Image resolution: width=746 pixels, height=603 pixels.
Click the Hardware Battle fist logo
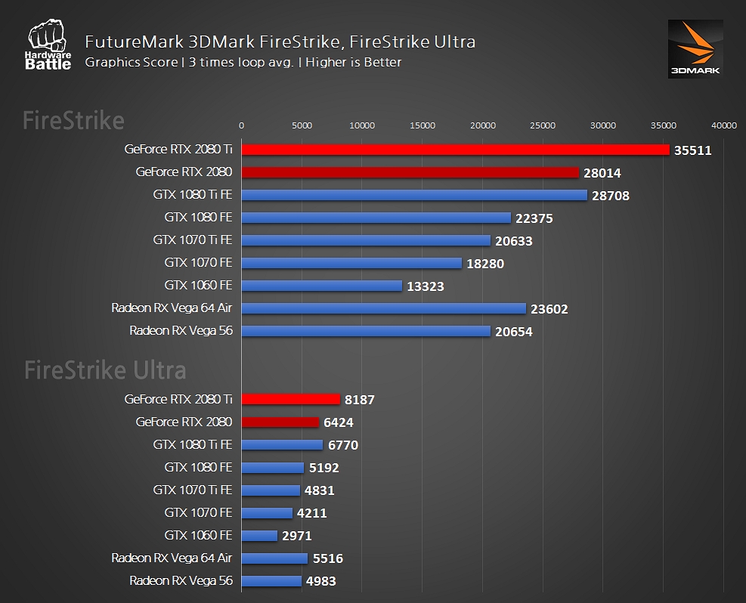click(50, 46)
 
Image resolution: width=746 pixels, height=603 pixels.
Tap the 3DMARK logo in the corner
click(695, 48)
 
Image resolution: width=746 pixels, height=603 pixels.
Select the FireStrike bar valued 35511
click(455, 150)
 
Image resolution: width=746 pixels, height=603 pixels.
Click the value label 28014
click(602, 173)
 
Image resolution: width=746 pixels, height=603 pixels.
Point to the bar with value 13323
click(321, 286)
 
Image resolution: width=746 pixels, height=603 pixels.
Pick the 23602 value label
click(549, 309)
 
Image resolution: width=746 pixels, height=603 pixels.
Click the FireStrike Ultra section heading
click(105, 370)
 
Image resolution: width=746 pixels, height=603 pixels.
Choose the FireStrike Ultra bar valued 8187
click(290, 399)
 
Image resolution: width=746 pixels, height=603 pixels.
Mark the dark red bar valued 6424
click(280, 422)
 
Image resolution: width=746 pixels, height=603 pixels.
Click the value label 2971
click(296, 536)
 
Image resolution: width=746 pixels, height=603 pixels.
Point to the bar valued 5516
click(274, 558)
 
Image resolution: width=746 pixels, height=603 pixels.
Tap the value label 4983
click(320, 581)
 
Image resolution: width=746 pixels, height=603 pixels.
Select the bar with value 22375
click(376, 218)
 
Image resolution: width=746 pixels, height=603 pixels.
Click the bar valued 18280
click(351, 263)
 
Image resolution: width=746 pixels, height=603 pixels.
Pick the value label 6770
click(342, 445)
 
